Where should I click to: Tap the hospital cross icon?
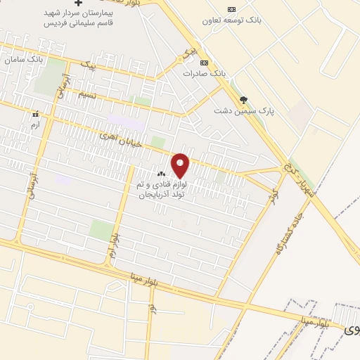click(x=89, y=4)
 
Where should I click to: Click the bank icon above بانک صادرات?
click(x=205, y=62)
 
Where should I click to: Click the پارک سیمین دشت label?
click(x=244, y=110)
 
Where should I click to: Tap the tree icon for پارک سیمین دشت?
click(x=244, y=100)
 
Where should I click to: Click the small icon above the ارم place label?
click(x=34, y=113)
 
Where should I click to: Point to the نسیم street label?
click(x=87, y=94)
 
